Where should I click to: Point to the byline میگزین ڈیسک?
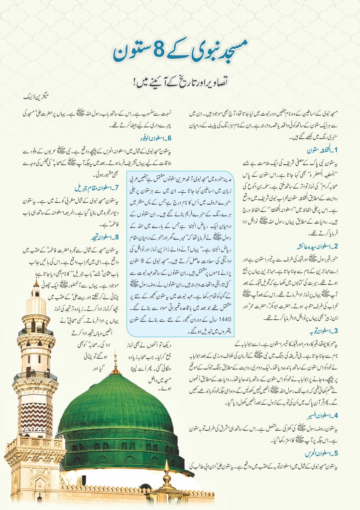[43, 93]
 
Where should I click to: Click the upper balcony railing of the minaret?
[35, 331]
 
